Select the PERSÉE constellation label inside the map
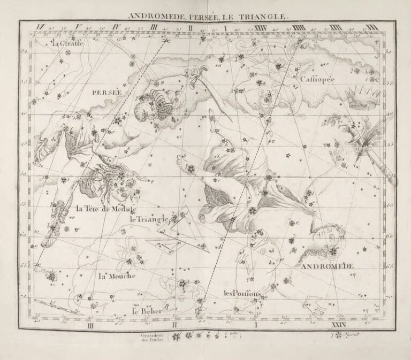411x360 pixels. [107, 92]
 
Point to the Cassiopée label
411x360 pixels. [317, 79]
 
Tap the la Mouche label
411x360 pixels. [117, 275]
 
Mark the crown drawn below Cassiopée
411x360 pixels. [362, 97]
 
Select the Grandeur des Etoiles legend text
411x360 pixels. [150, 337]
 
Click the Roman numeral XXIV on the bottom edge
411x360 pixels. [338, 325]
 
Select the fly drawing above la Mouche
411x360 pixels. [132, 251]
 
